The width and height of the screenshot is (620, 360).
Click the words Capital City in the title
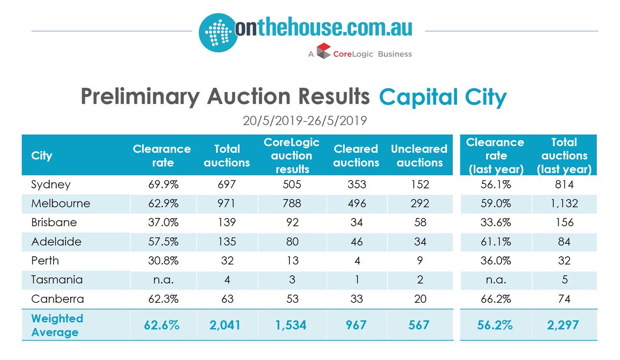coord(442,97)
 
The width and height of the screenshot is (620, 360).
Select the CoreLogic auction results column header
coord(291,155)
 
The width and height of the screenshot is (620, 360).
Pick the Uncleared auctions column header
coord(419,155)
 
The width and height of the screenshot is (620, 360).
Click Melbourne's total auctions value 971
coord(227,204)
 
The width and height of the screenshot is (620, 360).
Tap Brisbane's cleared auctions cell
coord(355,223)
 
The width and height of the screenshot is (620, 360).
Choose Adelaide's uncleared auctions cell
coord(419,242)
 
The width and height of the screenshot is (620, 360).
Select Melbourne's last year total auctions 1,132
coord(564,204)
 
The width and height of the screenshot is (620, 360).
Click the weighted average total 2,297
coord(564,325)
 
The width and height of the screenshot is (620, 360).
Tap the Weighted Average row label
coord(57,325)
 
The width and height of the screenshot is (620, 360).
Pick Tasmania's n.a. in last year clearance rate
coord(495,280)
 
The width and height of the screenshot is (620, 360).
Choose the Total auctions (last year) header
coord(564,155)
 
